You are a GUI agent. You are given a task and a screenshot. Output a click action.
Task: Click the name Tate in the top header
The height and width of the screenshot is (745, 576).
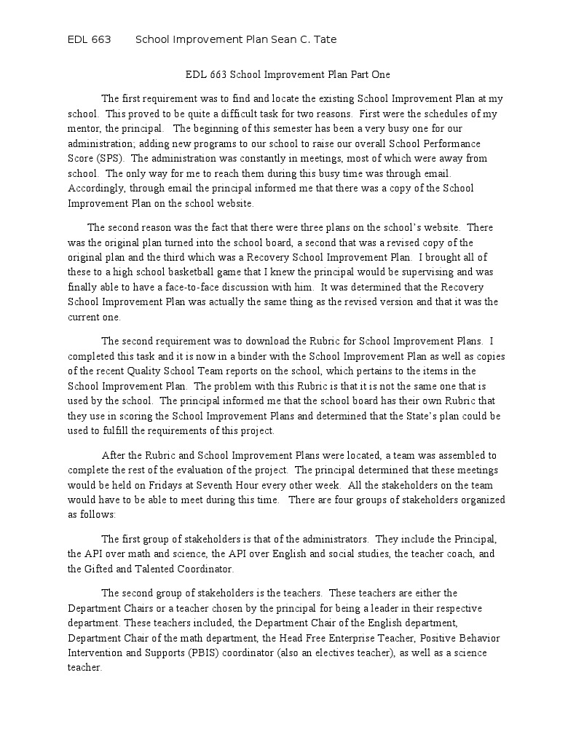pyautogui.click(x=324, y=39)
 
